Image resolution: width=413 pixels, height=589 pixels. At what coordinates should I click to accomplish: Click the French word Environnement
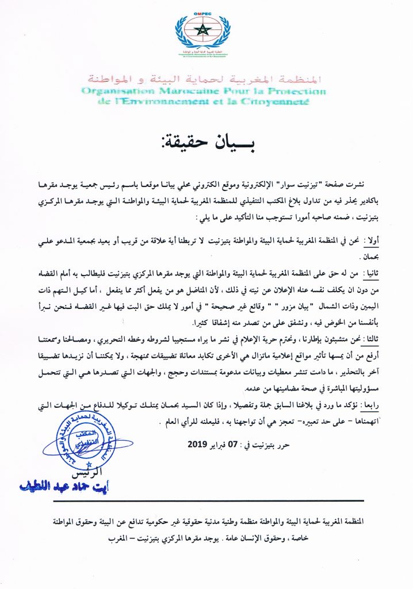pyautogui.click(x=156, y=102)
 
